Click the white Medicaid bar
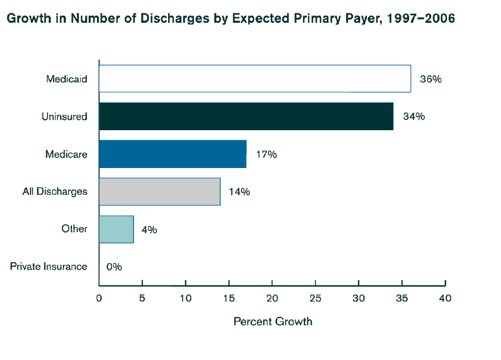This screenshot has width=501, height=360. (x=254, y=78)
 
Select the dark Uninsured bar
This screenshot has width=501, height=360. (x=246, y=116)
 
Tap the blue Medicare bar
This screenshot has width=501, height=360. (x=173, y=154)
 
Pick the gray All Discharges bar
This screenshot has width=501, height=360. (x=160, y=191)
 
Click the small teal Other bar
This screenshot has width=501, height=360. (x=116, y=229)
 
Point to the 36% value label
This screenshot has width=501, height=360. (x=430, y=79)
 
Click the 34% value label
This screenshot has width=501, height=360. (x=414, y=116)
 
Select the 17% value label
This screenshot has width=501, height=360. (x=266, y=154)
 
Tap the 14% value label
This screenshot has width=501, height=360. (x=239, y=192)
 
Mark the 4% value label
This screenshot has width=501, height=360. (x=149, y=229)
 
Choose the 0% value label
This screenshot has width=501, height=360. (x=114, y=267)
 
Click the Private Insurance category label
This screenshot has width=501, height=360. (x=49, y=267)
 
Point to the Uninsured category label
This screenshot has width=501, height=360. (x=65, y=117)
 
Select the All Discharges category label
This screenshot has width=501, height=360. (x=55, y=191)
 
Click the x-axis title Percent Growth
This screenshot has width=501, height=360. (x=273, y=322)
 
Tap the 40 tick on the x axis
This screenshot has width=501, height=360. (x=445, y=298)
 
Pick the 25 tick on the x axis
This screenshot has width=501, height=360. (x=315, y=298)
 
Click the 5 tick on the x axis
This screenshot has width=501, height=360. (x=143, y=298)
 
